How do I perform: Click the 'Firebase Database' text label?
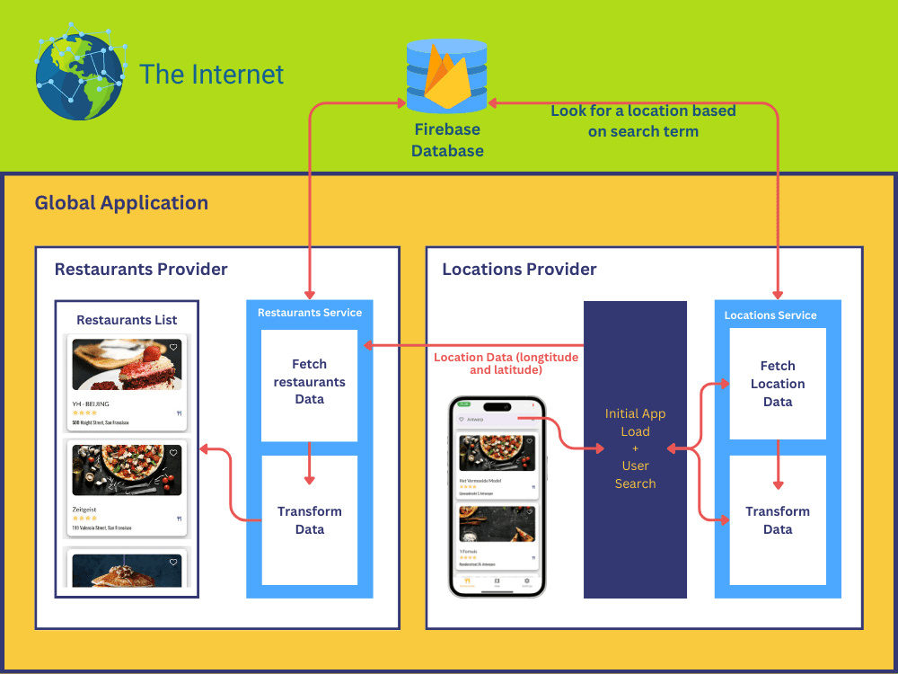(447, 140)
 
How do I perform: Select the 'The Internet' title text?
(212, 75)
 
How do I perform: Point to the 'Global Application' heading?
(121, 203)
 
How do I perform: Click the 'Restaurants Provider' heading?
(141, 270)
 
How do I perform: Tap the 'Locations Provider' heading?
(519, 270)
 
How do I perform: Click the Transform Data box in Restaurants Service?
(309, 520)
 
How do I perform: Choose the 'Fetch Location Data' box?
(778, 384)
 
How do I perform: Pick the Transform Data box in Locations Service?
(778, 520)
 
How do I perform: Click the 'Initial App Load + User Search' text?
(635, 448)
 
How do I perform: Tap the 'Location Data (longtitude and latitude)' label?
(506, 363)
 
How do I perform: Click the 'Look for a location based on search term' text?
(643, 121)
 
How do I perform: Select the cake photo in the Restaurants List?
(127, 364)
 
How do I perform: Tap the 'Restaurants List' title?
(127, 320)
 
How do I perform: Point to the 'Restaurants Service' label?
(310, 313)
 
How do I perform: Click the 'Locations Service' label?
(770, 315)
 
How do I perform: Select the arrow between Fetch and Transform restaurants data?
(309, 464)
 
